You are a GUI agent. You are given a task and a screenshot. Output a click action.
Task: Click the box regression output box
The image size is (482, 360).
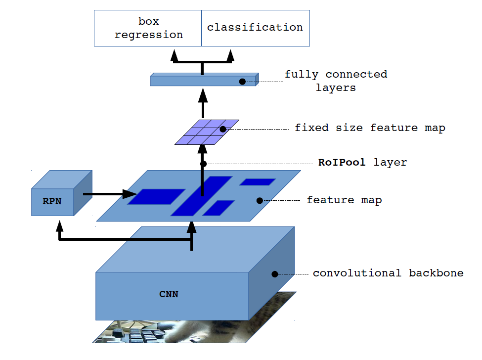click(x=148, y=28)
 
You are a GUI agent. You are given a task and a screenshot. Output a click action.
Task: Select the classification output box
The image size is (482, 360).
click(x=256, y=28)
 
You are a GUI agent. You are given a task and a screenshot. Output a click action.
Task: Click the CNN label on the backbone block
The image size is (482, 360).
click(x=169, y=294)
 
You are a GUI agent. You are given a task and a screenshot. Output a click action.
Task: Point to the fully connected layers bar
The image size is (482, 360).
click(x=204, y=80)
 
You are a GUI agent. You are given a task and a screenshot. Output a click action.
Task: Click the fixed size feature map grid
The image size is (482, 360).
click(x=207, y=132)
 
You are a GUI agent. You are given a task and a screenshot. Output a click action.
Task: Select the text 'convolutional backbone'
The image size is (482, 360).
click(x=388, y=273)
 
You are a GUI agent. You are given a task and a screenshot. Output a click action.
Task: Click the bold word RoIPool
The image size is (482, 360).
click(x=342, y=162)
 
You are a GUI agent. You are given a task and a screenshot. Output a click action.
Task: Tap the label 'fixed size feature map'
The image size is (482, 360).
click(x=370, y=128)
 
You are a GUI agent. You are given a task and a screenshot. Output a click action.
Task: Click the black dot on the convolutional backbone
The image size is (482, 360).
click(x=274, y=273)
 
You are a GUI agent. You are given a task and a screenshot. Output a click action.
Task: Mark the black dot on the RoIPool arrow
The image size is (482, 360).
click(x=203, y=163)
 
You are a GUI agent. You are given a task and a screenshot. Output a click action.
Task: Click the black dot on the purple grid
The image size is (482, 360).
click(x=223, y=129)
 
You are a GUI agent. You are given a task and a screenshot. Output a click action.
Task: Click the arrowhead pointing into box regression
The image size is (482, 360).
click(x=174, y=55)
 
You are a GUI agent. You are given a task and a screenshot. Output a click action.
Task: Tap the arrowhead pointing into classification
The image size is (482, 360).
click(x=231, y=55)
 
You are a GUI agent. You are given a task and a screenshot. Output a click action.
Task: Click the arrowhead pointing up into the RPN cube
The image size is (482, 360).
click(x=60, y=226)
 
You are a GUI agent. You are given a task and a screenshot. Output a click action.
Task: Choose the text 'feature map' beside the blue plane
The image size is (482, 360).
click(x=344, y=200)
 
